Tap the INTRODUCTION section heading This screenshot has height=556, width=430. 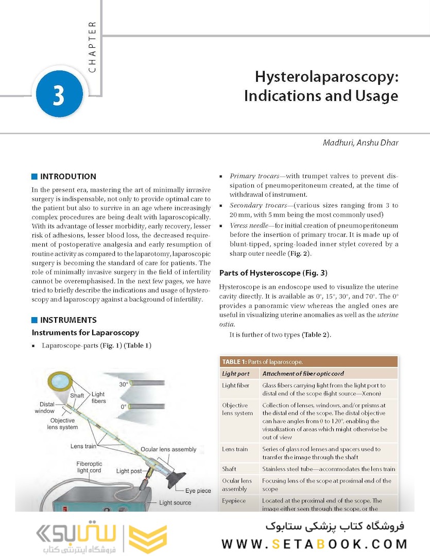tap(68, 177)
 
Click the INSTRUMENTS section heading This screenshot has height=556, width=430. tap(68, 320)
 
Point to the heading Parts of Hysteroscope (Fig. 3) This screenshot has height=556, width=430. tap(273, 272)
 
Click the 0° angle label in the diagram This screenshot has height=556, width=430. tap(124, 407)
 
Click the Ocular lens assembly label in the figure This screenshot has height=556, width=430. tap(168, 449)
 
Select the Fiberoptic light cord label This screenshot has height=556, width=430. tap(89, 467)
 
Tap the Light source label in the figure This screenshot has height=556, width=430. tap(175, 502)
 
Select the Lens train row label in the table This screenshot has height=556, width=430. tap(235, 449)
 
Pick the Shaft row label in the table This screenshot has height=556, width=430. tap(229, 469)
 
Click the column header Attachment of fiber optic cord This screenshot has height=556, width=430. tap(303, 373)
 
